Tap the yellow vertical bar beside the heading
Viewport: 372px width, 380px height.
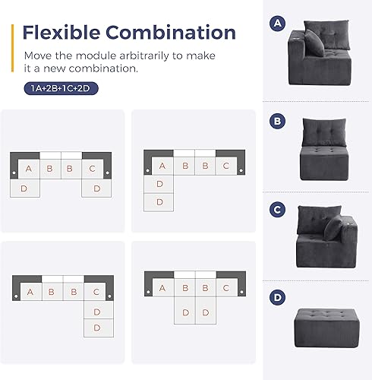(x=12, y=46)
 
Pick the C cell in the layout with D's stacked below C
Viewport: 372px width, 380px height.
(x=95, y=291)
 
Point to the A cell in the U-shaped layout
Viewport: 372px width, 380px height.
(x=28, y=168)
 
